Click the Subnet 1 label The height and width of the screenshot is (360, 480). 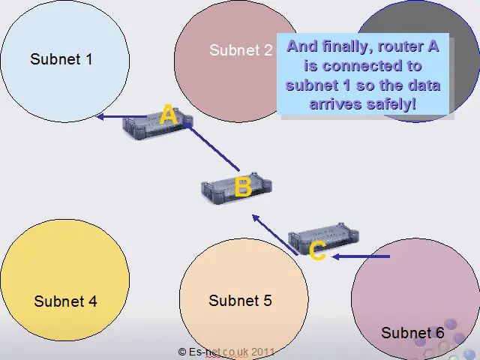pyautogui.click(x=61, y=58)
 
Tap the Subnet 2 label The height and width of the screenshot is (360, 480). pyautogui.click(x=241, y=50)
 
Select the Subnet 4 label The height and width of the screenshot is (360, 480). pyautogui.click(x=65, y=301)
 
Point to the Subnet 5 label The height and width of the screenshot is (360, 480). pyautogui.click(x=240, y=301)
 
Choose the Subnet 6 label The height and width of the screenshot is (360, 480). pyautogui.click(x=412, y=332)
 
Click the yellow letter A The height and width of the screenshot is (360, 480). pyautogui.click(x=169, y=115)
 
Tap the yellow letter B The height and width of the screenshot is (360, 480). pyautogui.click(x=242, y=187)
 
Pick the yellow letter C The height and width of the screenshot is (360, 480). pyautogui.click(x=317, y=250)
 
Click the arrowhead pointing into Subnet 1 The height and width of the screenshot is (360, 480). pyautogui.click(x=101, y=116)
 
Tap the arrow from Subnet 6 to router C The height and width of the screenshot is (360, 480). pyautogui.click(x=361, y=256)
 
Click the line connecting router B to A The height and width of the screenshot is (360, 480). pyautogui.click(x=214, y=146)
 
